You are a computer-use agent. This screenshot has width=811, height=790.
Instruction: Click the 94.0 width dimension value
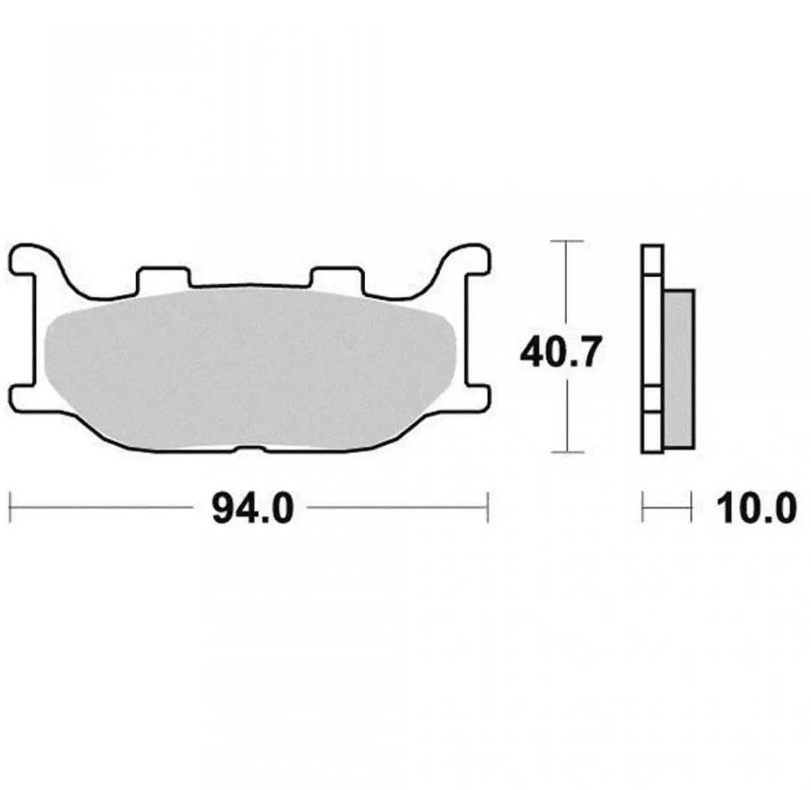click(253, 509)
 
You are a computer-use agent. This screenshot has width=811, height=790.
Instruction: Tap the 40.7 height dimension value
click(561, 352)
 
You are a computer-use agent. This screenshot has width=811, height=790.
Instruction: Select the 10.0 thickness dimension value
click(756, 509)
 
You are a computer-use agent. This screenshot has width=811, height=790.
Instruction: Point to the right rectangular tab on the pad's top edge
click(337, 278)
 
